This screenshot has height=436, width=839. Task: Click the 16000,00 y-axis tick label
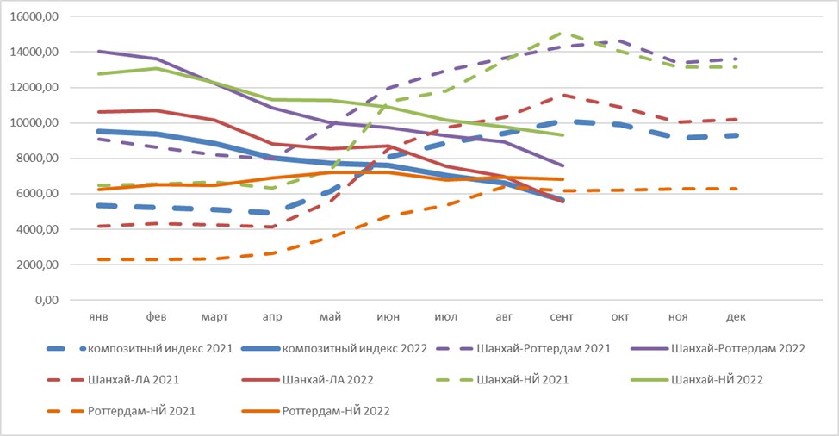[x=34, y=16]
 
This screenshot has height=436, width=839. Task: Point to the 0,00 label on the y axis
[x=47, y=300]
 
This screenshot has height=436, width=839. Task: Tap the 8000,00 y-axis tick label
[x=37, y=159]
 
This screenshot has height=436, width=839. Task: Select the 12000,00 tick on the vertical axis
[x=34, y=87]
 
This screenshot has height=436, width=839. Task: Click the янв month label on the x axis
[x=98, y=317]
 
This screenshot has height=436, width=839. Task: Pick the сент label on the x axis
[x=562, y=317]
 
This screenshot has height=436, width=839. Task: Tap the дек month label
[x=736, y=317]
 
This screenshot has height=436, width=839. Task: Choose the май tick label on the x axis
[x=330, y=317]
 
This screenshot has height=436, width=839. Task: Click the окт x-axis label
[x=619, y=317]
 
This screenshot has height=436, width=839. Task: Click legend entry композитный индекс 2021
[x=140, y=349]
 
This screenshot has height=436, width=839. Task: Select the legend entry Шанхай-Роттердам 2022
[x=718, y=349]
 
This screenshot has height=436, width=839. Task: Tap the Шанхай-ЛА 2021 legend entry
[x=113, y=380]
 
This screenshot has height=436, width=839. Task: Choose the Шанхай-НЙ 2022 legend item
[x=697, y=380]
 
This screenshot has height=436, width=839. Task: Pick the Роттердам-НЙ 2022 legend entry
[x=315, y=411]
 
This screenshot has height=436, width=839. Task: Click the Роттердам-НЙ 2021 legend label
[x=121, y=411]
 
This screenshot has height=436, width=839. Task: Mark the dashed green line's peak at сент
[x=562, y=33]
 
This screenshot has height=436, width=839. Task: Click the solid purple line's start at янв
[x=98, y=52]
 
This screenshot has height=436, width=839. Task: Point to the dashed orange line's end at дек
[x=737, y=189]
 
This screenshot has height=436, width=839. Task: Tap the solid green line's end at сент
[x=562, y=134]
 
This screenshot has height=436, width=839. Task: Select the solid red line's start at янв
[x=98, y=112]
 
